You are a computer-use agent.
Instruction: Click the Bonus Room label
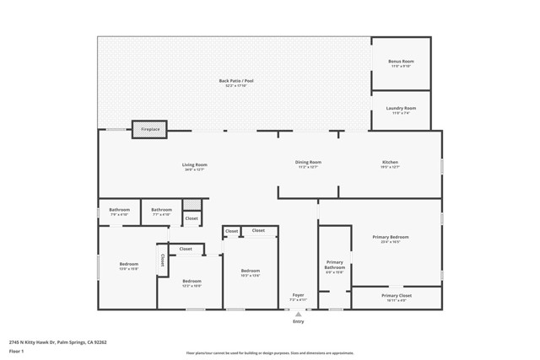(x=401, y=62)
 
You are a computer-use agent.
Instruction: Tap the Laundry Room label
(x=401, y=108)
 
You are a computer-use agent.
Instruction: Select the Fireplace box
(x=150, y=129)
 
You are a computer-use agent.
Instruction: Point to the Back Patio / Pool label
(x=236, y=81)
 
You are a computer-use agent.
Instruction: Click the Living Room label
(x=195, y=164)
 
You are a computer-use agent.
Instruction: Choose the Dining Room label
(x=308, y=162)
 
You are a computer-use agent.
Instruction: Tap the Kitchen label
(x=390, y=162)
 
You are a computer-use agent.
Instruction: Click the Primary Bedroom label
(x=391, y=237)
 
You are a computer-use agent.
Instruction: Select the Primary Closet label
(x=396, y=296)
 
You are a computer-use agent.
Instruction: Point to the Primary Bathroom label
(x=335, y=265)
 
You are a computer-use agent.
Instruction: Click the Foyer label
(x=298, y=295)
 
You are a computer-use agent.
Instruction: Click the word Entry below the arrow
(x=298, y=321)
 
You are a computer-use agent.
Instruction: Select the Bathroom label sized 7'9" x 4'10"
(x=119, y=210)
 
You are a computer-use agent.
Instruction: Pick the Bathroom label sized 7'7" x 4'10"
(x=161, y=210)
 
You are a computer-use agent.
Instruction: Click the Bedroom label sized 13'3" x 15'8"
(x=128, y=264)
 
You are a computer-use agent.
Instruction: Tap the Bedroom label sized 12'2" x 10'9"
(x=192, y=281)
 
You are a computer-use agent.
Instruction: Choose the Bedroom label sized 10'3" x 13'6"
(x=250, y=271)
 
